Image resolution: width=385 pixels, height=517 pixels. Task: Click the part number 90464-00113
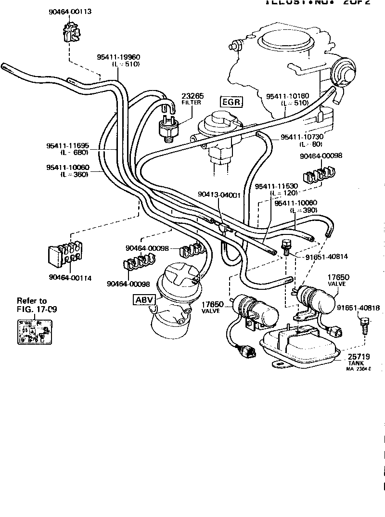tap(70, 11)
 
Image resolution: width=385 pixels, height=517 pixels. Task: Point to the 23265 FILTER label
tap(191, 98)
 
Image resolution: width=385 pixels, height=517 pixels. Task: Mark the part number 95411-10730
tap(302, 137)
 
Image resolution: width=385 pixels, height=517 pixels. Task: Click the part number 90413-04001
tap(219, 194)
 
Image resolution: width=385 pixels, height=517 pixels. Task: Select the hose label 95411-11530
tap(277, 186)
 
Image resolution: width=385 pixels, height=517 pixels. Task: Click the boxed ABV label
tap(144, 299)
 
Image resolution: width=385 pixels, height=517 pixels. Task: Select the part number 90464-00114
tap(70, 277)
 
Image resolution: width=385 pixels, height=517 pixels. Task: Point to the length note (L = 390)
tap(302, 211)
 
